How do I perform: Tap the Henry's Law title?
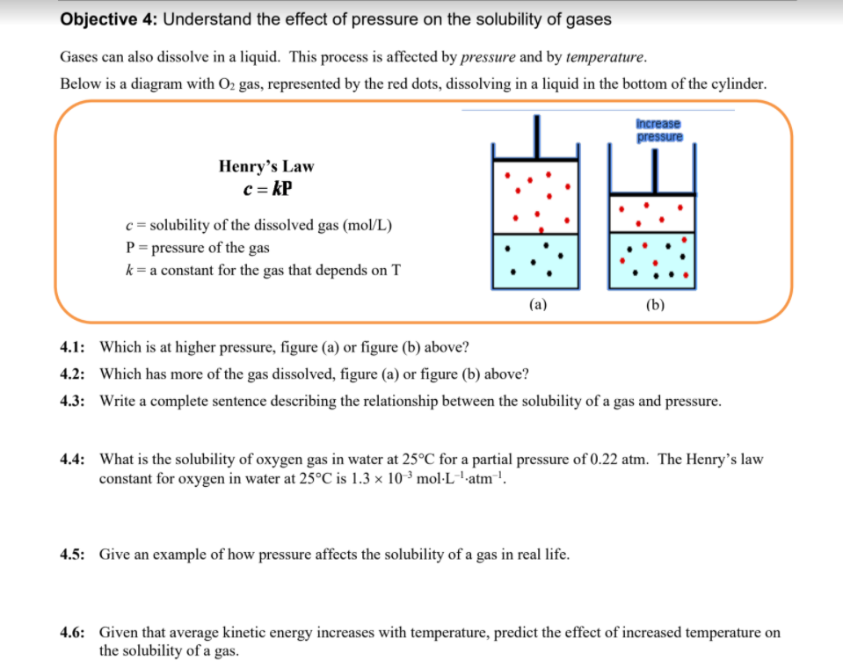coord(265,166)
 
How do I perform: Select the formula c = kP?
coord(266,188)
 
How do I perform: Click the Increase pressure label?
coord(658,130)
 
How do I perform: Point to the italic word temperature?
coord(606,57)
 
